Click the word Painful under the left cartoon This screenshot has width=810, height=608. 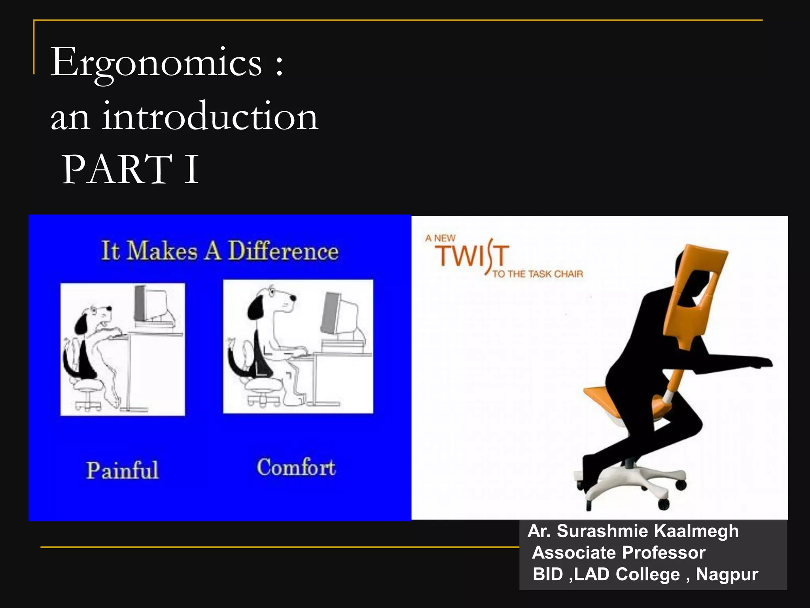122,470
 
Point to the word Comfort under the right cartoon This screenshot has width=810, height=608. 296,467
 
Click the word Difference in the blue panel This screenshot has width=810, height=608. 283,251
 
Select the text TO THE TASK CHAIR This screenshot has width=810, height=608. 537,274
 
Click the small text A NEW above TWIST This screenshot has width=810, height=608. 440,238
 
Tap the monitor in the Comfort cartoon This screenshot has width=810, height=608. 340,315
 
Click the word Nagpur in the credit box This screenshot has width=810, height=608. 727,574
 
